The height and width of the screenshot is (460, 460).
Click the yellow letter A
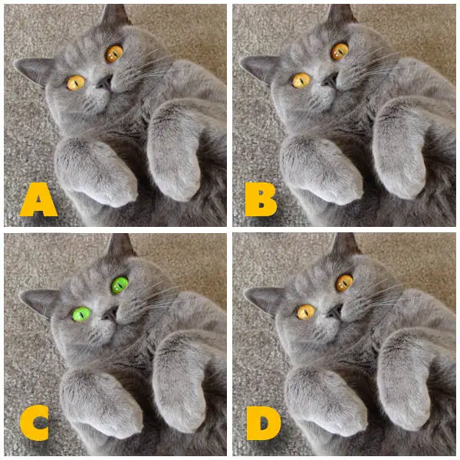pos(38,199)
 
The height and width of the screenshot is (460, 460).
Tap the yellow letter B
pos(261,199)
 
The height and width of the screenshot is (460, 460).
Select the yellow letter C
pos(34,422)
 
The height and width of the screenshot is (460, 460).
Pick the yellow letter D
pos(263,422)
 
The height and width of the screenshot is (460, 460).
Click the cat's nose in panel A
pos(105,83)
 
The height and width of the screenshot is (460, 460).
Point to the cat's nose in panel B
pos(329,80)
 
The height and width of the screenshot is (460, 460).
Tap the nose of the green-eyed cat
pos(110,314)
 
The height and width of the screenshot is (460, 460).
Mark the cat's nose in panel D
pos(334,312)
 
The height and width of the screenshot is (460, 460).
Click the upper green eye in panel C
pos(120,285)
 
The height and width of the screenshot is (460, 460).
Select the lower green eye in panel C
pos(81,314)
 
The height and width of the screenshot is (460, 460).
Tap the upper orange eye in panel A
pos(114,54)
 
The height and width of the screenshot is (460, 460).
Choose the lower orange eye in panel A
pos(76,83)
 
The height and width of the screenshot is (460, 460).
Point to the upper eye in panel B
pos(340,51)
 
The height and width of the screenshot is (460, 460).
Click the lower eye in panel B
pos(301,80)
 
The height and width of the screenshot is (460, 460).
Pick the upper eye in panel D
pos(344,283)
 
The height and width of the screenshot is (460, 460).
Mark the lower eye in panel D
pos(306,312)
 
